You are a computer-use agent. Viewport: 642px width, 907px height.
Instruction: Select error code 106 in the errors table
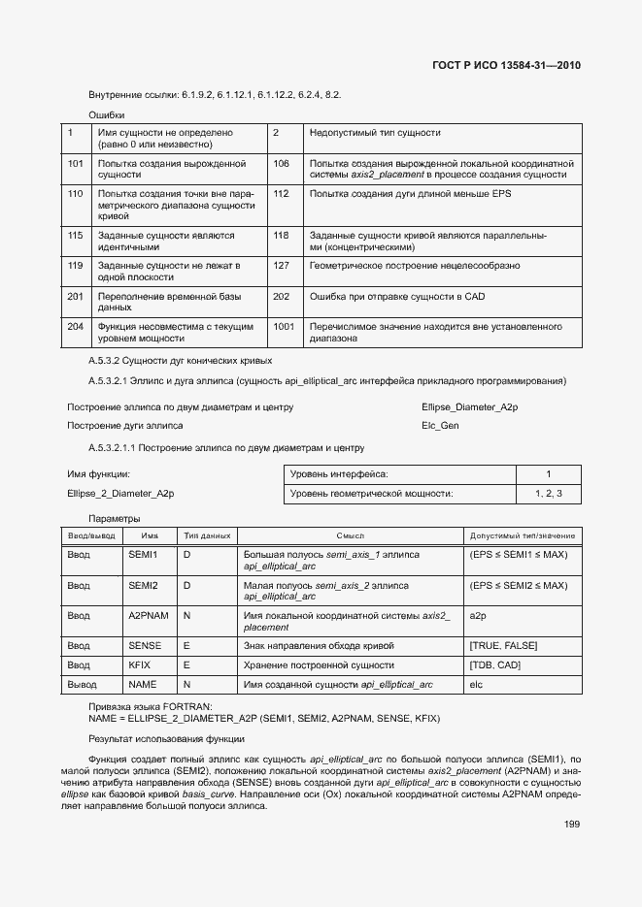(x=282, y=164)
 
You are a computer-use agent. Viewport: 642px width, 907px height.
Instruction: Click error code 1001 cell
(x=284, y=327)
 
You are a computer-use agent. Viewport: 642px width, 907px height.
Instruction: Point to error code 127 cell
(x=282, y=265)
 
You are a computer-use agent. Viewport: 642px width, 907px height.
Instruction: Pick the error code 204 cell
(x=76, y=327)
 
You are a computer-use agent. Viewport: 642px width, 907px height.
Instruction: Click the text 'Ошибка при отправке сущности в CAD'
(x=397, y=296)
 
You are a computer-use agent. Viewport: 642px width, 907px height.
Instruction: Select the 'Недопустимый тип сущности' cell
(x=375, y=132)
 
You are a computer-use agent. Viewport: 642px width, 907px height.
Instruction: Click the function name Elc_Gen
(x=440, y=425)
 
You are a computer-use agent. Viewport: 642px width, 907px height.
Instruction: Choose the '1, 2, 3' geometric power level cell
(x=548, y=494)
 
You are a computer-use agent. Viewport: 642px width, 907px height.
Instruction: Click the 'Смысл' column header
(x=350, y=535)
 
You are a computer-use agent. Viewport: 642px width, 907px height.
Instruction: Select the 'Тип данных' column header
(x=207, y=535)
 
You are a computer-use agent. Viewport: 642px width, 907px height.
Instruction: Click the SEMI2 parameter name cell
(x=143, y=586)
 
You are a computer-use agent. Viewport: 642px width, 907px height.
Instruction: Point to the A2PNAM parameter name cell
(x=149, y=616)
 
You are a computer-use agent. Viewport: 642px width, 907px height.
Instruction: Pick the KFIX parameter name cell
(x=139, y=665)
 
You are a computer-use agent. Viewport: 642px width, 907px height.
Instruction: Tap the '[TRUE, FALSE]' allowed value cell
(x=503, y=646)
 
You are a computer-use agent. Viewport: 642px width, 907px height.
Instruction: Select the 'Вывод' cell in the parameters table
(x=80, y=685)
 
